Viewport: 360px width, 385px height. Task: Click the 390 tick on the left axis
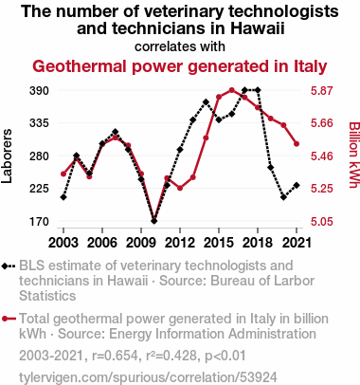tap(39, 91)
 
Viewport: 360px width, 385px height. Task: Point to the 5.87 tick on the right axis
tap(322, 91)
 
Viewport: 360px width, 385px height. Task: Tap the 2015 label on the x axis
tap(219, 243)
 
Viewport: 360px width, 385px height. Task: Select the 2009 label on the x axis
tap(141, 243)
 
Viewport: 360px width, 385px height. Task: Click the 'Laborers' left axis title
tap(7, 156)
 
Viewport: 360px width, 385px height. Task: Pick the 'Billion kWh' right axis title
tap(354, 155)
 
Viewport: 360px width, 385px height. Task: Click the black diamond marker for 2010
tap(153, 221)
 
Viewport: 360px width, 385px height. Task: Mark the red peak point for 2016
tap(232, 90)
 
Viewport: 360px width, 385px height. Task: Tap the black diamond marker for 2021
tap(297, 185)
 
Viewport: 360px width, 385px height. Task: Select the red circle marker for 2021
tap(297, 144)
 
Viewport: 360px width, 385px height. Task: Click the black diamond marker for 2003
tap(63, 197)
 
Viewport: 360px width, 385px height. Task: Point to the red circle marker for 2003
tap(63, 174)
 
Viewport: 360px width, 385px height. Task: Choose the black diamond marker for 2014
tap(206, 102)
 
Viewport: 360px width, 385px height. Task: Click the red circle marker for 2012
tap(180, 188)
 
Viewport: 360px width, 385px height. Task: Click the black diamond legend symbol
tap(9, 266)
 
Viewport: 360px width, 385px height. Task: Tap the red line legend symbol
tap(9, 319)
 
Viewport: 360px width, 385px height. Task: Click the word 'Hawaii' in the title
tap(258, 28)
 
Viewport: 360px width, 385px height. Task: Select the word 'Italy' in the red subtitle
tap(311, 66)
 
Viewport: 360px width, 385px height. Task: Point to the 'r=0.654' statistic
tap(115, 356)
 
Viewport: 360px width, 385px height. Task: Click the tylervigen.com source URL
tap(148, 377)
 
